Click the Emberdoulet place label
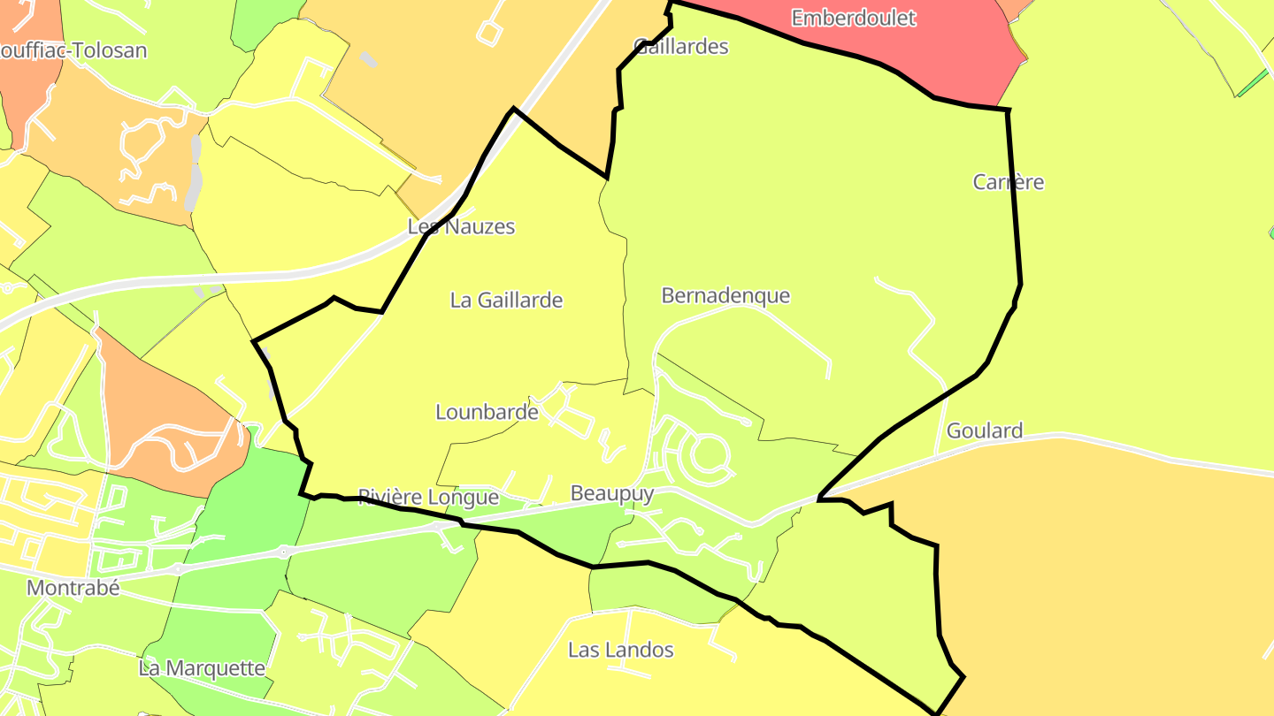coord(853,18)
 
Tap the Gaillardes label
coord(681,46)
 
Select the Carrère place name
coord(1009,182)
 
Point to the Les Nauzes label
coord(461,226)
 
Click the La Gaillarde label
coord(506,300)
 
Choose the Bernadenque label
coord(725,295)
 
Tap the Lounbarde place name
coord(487,412)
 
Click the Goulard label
coord(985,430)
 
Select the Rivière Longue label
coord(428,497)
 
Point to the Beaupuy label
coord(612,493)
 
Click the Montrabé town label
coord(73,588)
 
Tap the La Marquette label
coord(202,667)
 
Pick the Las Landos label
coord(620,650)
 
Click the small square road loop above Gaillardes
coord(489,32)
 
